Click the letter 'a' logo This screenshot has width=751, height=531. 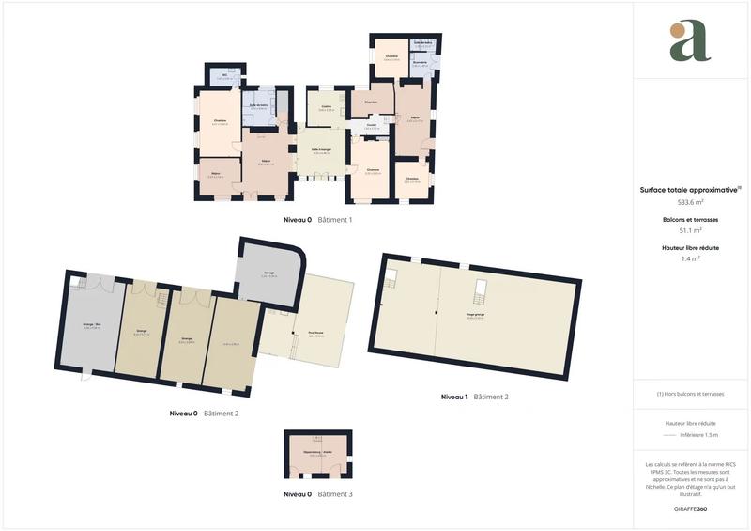690,41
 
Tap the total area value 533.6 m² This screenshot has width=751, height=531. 691,202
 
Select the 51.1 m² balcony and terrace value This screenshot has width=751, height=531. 691,230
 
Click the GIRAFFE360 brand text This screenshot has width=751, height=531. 691,508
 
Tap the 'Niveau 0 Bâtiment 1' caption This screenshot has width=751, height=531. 317,219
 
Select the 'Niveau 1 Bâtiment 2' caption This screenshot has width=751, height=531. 474,397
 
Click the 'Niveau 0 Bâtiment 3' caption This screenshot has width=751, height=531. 317,493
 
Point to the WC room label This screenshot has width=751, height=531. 224,77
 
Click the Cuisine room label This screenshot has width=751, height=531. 327,107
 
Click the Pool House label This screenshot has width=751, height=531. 302,333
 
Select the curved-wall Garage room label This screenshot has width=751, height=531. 268,274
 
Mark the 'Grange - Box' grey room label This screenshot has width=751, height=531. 91,326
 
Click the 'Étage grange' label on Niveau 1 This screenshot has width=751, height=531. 475,316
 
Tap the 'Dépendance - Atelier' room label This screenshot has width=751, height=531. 317,453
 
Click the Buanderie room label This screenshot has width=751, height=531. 421,63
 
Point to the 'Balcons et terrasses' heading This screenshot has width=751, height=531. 690,219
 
